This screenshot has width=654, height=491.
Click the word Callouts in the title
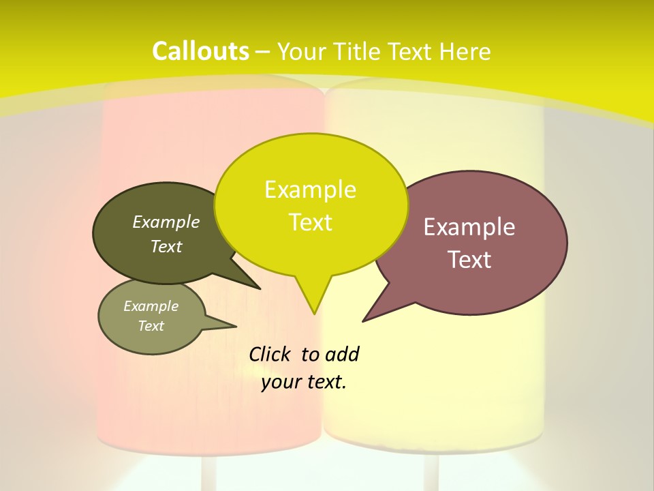coord(200,51)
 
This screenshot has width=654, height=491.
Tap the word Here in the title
coord(465,51)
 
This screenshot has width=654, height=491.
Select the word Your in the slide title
coord(302,52)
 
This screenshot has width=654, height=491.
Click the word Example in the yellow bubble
coord(310,190)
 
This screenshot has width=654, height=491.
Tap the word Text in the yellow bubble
coord(311,222)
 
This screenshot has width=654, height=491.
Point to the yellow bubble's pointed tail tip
coord(314,313)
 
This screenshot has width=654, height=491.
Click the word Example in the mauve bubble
coord(469,227)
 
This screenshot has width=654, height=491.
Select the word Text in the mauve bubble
coord(470,260)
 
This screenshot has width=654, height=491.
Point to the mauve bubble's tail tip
coord(363,321)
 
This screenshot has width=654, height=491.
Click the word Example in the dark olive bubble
coord(166,222)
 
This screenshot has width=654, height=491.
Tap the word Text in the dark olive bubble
coord(166,246)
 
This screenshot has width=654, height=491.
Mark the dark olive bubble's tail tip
coord(260,288)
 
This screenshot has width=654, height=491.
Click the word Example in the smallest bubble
coord(151,306)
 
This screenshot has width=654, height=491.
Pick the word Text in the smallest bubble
coord(151,326)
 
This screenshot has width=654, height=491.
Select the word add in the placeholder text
coord(342,354)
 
